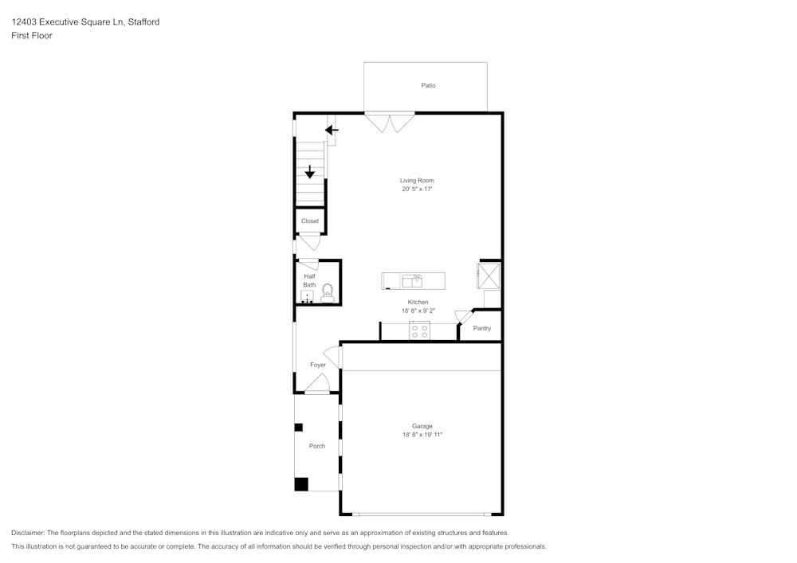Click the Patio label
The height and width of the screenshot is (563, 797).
[428, 85]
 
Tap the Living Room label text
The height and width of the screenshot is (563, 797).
[417, 181]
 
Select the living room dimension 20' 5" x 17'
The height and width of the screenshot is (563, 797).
[417, 190]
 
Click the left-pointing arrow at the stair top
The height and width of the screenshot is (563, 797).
[332, 130]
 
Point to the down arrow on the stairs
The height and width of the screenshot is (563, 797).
[310, 172]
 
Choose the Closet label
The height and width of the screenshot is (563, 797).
[309, 221]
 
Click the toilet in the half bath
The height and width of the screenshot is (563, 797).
[327, 292]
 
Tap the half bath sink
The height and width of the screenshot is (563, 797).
[307, 296]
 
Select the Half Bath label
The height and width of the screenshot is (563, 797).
[309, 280]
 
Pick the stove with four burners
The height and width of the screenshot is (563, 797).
[419, 330]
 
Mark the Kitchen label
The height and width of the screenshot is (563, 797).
[418, 303]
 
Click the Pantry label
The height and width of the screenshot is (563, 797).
[481, 328]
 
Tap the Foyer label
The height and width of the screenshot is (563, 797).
[318, 365]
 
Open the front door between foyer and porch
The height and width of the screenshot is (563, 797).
[317, 385]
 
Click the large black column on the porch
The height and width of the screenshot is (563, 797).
[301, 483]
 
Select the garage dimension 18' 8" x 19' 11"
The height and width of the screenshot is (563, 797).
[422, 435]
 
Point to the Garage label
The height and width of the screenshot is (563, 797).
[422, 426]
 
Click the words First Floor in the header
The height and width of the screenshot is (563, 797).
[32, 36]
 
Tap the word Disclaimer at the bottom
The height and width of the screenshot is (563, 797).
[28, 533]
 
